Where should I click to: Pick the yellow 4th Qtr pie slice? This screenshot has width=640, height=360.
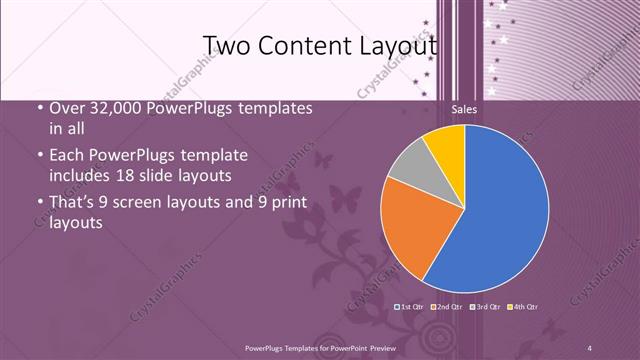(446, 146)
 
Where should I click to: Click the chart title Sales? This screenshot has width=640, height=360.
(464, 109)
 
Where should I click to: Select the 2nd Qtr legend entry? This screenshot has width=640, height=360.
(447, 306)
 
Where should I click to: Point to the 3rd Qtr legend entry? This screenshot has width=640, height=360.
(485, 306)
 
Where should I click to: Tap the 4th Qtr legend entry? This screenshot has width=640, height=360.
(523, 306)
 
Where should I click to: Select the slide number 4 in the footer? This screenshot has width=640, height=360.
(590, 347)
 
